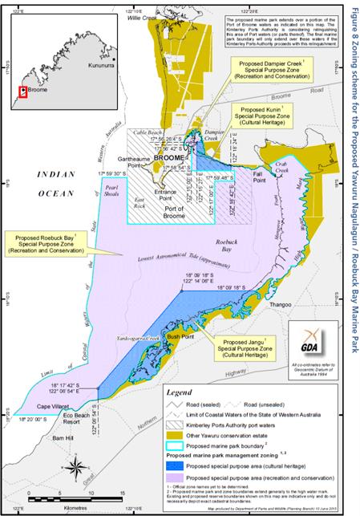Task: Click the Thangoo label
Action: [x=281, y=305]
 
